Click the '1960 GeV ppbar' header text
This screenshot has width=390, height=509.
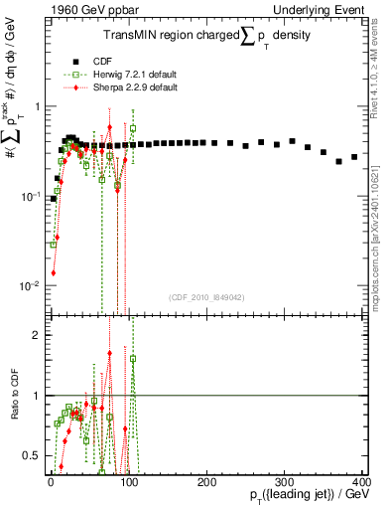[84, 9]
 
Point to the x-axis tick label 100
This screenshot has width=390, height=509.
[128, 479]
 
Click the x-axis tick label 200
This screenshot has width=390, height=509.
[206, 479]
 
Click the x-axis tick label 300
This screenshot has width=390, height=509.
[284, 479]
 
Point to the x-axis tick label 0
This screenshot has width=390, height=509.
[51, 479]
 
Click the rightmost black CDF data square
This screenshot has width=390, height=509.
[354, 157]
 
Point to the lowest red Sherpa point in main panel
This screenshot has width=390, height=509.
[53, 272]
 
